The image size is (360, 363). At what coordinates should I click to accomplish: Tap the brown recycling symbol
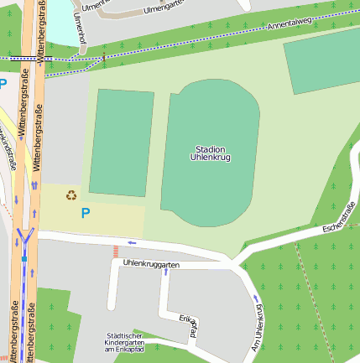(71, 195)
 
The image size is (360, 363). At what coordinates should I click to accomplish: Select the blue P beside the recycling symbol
(85, 214)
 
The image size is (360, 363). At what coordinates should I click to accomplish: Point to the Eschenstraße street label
(340, 220)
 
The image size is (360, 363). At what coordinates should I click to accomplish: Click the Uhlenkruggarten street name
(151, 264)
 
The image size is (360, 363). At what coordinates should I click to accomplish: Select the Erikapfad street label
(188, 324)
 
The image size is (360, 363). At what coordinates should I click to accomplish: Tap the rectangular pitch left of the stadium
(122, 143)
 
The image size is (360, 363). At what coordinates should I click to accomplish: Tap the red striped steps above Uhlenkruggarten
(116, 252)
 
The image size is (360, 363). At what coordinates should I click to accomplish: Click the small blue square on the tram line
(25, 271)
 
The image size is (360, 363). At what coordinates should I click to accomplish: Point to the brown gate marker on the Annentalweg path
(104, 60)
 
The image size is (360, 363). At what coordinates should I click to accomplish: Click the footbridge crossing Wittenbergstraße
(25, 59)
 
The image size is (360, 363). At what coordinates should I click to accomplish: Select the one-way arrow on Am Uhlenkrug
(255, 298)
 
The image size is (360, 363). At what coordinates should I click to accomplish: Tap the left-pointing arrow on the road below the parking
(131, 244)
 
